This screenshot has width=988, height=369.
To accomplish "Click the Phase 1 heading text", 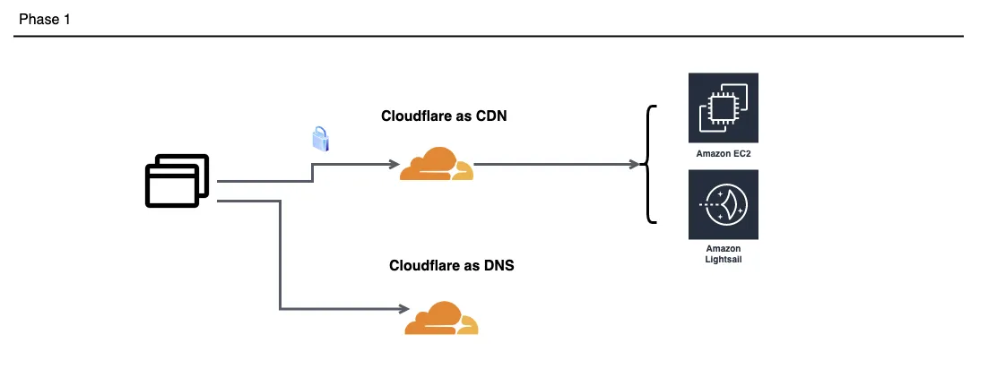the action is tap(45, 20).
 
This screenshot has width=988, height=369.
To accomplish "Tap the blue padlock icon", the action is tap(321, 138).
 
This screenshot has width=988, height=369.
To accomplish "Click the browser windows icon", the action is tap(177, 181).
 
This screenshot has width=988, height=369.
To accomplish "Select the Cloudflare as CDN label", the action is tap(444, 116).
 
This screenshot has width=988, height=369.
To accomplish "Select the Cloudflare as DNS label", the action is tap(451, 265).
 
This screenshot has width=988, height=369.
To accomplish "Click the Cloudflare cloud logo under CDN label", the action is tap(437, 165).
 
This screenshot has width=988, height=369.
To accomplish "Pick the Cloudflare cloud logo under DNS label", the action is tap(441, 318).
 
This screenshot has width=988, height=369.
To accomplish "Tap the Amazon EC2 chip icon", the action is tap(724, 107).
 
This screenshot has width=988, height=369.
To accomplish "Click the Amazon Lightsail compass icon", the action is tap(724, 204).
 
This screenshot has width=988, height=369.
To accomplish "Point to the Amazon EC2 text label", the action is tap(724, 153).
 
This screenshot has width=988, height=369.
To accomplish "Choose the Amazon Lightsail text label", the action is tap(724, 253).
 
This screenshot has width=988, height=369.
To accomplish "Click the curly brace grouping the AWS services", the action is tap(648, 165).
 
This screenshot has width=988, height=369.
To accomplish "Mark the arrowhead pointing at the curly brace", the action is tap(635, 165).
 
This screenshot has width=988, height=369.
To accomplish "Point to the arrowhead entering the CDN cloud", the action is tap(395, 165).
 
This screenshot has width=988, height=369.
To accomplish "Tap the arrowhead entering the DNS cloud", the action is tap(403, 309).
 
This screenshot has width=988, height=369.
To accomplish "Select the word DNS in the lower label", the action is tap(498, 265).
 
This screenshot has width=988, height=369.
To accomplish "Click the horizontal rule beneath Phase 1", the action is tap(489, 37).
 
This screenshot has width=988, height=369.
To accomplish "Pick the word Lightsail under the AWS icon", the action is tap(724, 259).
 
